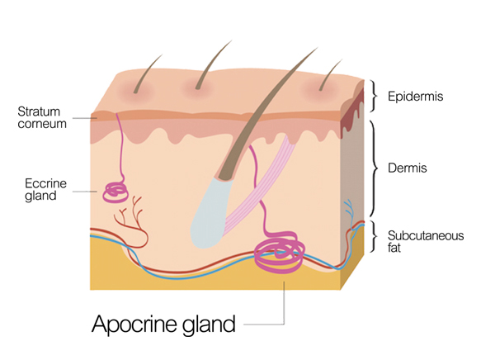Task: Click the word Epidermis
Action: click(415, 97)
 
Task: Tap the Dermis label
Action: click(408, 168)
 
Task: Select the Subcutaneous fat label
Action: click(426, 242)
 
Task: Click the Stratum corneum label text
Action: click(42, 117)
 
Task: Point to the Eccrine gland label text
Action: click(45, 190)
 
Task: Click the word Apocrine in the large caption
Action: click(134, 324)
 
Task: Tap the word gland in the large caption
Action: click(209, 324)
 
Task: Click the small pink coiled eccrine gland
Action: click(115, 192)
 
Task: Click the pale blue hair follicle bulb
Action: click(210, 215)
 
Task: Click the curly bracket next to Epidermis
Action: click(373, 96)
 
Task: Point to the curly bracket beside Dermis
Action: click(374, 168)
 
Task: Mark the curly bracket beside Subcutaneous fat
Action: click(373, 237)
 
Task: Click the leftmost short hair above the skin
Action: click(147, 73)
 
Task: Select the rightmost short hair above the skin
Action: click(330, 74)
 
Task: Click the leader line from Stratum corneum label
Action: click(85, 118)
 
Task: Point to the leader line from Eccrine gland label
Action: click(85, 192)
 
